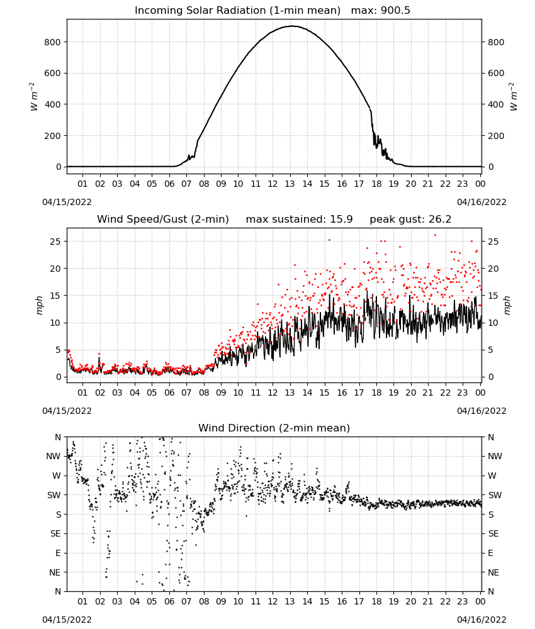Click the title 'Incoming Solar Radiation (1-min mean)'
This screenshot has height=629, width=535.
(237, 11)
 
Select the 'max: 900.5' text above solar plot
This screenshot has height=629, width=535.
(381, 11)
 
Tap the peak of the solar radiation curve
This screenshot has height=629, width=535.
(292, 26)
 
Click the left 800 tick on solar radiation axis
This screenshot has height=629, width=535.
(52, 42)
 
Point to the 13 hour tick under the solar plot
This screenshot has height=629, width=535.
(290, 184)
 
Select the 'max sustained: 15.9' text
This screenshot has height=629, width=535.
(299, 220)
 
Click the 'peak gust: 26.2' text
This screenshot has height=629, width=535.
(410, 220)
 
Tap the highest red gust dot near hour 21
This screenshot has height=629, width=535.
(435, 235)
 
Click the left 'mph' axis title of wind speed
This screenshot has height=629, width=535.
(39, 305)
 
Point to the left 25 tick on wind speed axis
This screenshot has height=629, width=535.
(55, 242)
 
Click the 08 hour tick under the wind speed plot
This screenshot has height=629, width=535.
(204, 392)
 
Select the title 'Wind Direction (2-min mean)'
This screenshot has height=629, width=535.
(274, 428)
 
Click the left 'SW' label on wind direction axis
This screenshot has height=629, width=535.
(54, 495)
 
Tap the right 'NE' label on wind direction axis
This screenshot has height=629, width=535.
(493, 572)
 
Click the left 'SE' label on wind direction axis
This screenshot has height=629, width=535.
(55, 533)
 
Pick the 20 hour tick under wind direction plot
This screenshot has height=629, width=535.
(410, 601)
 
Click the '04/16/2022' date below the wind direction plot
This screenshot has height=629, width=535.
(481, 620)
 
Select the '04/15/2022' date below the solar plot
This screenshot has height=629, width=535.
(67, 202)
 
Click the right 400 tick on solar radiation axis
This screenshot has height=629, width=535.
(496, 104)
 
